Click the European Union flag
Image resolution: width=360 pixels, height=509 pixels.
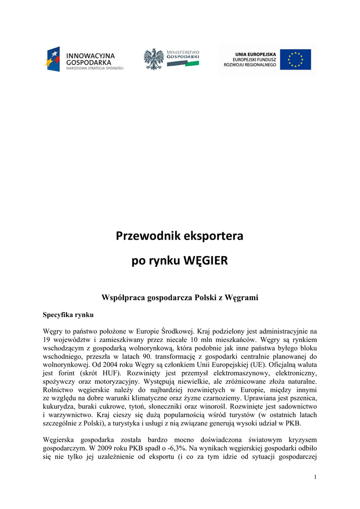pyautogui.click(x=295, y=59)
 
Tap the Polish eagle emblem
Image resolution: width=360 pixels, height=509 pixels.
pyautogui.click(x=154, y=59)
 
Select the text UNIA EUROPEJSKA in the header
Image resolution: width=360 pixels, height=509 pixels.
pyautogui.click(x=256, y=54)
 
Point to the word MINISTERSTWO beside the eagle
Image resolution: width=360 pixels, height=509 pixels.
pyautogui.click(x=183, y=52)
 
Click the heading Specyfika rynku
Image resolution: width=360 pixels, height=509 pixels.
pyautogui.click(x=68, y=315)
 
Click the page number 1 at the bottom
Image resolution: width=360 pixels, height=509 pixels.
pyautogui.click(x=315, y=477)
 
